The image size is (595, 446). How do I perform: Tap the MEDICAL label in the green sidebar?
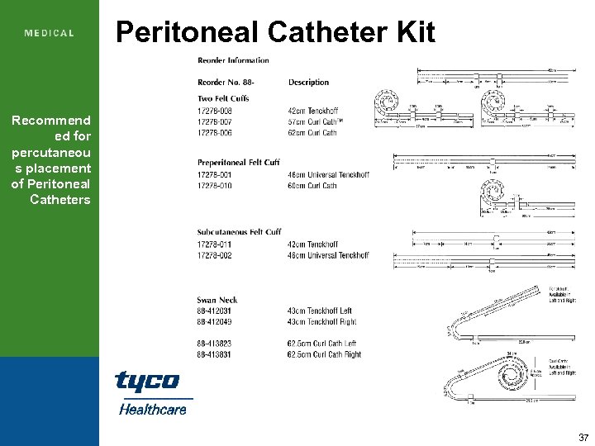point(50,34)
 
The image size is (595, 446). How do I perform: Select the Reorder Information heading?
point(233,60)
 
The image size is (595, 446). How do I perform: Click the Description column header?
point(308,83)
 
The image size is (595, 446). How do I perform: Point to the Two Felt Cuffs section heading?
point(224,99)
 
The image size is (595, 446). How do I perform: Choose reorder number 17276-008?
point(215,111)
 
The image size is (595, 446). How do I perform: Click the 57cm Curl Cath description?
point(315,121)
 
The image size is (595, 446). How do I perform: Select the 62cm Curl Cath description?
point(312,132)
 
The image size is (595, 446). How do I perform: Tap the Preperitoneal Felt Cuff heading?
point(238,163)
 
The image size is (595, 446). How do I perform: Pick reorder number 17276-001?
point(215,175)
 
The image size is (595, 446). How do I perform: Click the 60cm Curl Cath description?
point(312,186)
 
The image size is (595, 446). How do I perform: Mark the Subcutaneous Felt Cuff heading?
point(239,232)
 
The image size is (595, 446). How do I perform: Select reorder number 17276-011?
point(215,244)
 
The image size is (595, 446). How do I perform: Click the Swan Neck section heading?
point(217,300)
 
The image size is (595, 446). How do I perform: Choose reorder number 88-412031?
point(214,311)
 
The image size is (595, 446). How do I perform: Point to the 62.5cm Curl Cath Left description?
point(322,344)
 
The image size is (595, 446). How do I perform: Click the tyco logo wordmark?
point(147,382)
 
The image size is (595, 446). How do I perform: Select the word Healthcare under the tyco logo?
point(153,409)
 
